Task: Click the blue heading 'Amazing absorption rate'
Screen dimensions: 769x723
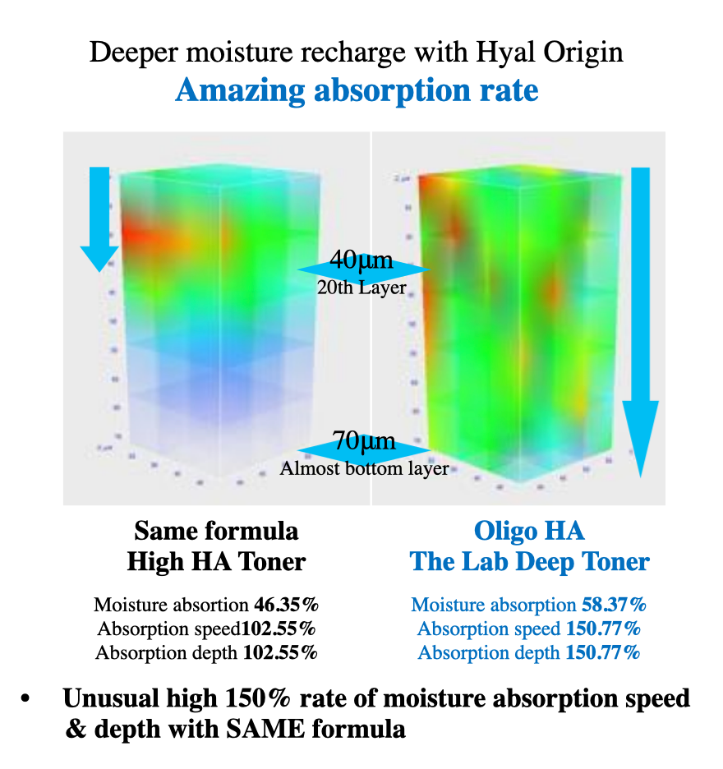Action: (357, 90)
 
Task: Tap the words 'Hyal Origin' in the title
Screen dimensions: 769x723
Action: (553, 53)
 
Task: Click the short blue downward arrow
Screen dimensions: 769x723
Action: (99, 218)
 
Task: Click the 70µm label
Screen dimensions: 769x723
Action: (363, 441)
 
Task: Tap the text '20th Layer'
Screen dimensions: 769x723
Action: (361, 288)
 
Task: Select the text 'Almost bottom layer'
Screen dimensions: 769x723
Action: (364, 468)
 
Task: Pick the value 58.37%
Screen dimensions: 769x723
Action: (613, 606)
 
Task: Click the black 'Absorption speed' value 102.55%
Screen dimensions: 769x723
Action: (279, 629)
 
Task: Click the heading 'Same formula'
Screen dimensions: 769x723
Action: (216, 531)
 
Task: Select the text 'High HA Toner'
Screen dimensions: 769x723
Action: (216, 562)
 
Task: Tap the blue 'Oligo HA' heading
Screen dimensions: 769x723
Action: (529, 531)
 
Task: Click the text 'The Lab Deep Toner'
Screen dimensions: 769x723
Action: (529, 562)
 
